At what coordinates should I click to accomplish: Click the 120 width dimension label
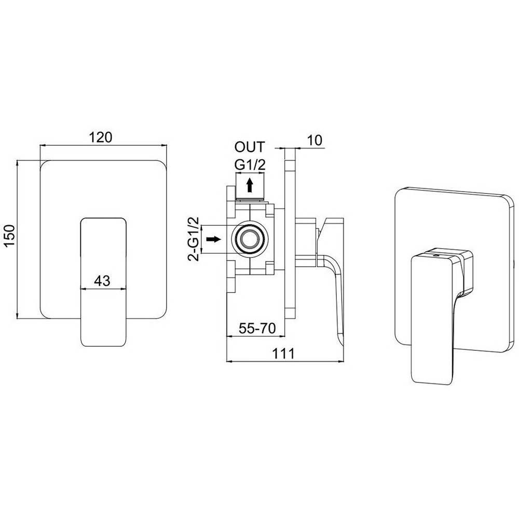(x=101, y=138)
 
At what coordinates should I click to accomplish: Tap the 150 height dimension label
(x=10, y=235)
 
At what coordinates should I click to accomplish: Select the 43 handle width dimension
(x=102, y=281)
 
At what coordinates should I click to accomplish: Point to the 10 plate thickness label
(x=315, y=140)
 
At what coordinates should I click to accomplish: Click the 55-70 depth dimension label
(x=257, y=328)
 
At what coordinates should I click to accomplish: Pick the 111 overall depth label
(x=283, y=353)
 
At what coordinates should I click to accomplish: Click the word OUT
(x=250, y=147)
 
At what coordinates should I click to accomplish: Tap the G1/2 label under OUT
(x=250, y=165)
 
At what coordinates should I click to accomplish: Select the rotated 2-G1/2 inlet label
(x=193, y=239)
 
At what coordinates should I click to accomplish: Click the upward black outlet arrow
(x=250, y=185)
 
